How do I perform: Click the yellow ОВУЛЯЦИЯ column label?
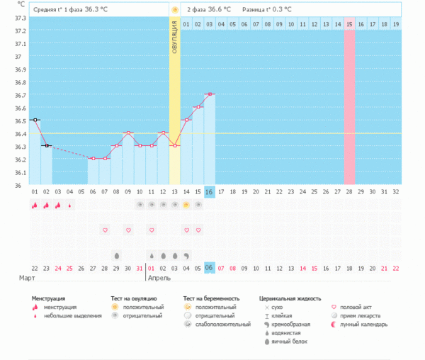[x=174, y=42]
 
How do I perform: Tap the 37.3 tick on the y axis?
[x=19, y=31]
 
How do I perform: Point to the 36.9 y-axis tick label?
[x=19, y=70]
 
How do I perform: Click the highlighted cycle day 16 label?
[x=209, y=191]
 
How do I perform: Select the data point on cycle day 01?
[x=35, y=120]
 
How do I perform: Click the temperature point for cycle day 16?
[x=209, y=94]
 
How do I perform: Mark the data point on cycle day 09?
[x=127, y=133]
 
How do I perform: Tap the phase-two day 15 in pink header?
[x=349, y=24]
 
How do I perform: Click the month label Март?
[x=26, y=279]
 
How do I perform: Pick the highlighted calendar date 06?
[x=209, y=267]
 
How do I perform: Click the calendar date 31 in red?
[x=139, y=267]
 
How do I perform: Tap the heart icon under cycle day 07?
[x=105, y=230]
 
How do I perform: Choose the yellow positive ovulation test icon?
[x=186, y=205]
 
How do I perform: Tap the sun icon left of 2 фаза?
[x=174, y=9]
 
